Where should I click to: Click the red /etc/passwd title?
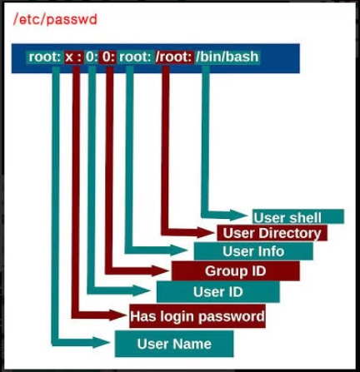click(55, 19)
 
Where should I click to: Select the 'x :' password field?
click(74, 57)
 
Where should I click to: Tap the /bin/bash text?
click(227, 57)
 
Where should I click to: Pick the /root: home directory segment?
click(174, 57)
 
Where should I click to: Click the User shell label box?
click(298, 216)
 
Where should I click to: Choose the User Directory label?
click(272, 233)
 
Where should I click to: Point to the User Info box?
click(253, 251)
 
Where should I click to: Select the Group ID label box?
click(236, 270)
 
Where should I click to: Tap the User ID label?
click(218, 291)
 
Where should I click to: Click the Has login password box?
click(197, 316)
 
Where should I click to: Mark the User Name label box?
click(174, 344)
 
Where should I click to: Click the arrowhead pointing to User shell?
click(238, 215)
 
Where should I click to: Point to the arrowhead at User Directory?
click(206, 232)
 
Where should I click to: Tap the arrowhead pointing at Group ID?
click(160, 270)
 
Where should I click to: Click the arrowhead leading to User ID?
click(142, 290)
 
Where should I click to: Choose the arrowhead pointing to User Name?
click(102, 342)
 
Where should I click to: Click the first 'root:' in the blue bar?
click(44, 57)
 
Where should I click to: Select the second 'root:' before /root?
click(135, 57)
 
